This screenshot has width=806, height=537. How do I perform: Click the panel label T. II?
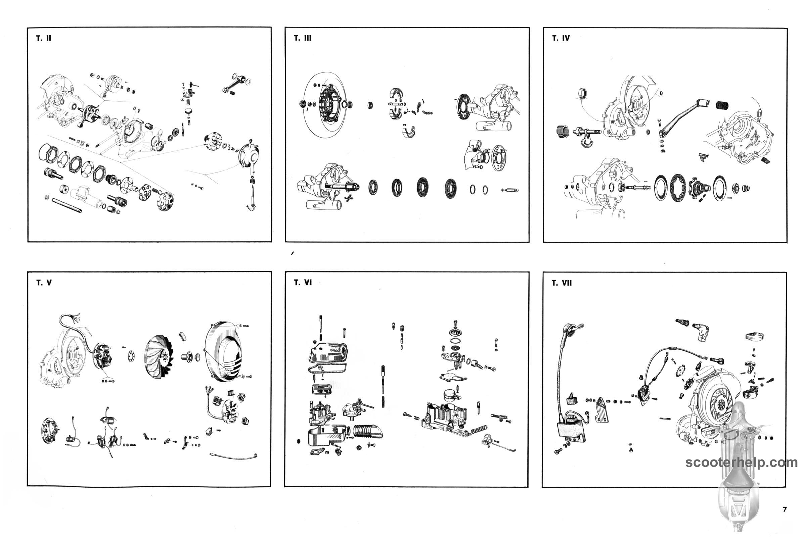44,38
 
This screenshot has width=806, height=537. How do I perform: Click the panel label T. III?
303,38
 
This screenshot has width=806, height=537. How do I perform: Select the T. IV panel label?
561,38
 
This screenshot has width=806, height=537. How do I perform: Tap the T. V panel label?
44,283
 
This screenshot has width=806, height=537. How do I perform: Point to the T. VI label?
303,283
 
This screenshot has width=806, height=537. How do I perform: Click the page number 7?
785,509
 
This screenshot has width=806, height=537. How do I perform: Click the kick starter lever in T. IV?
680,116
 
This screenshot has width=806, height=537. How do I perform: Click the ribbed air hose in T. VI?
367,432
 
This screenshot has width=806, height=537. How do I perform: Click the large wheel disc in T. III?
325,104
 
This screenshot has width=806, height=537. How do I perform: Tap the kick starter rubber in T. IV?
722,105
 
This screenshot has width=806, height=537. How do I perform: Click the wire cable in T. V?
233,455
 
